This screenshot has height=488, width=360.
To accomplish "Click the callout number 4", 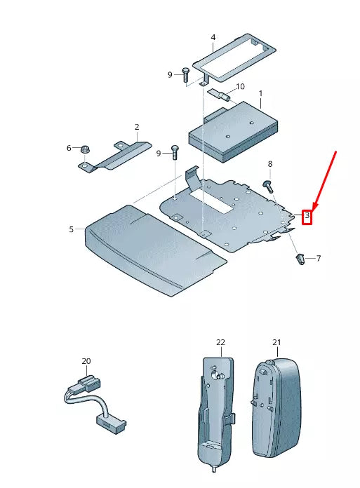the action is (213, 37).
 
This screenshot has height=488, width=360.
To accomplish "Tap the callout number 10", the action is (240, 86).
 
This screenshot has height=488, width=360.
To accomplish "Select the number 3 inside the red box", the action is (307, 215).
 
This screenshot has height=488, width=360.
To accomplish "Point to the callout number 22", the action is (220, 342).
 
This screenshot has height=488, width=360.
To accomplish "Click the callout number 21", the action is (276, 342).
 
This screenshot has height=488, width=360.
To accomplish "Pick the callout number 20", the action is (86, 361).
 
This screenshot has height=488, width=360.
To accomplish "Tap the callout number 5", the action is (72, 229).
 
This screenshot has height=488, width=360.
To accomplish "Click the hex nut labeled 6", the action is (84, 150).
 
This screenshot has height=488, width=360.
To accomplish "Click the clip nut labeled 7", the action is (300, 259).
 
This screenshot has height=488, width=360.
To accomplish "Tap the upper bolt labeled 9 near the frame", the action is (185, 74).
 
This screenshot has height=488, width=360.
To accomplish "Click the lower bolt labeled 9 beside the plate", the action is (174, 153).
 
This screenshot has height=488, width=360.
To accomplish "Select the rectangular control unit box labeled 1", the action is (233, 131).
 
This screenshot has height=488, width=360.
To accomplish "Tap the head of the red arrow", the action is (314, 208).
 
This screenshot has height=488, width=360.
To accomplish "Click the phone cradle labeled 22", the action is (215, 414).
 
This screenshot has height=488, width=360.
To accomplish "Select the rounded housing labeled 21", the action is (276, 407).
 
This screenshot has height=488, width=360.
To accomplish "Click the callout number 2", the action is (137, 127).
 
